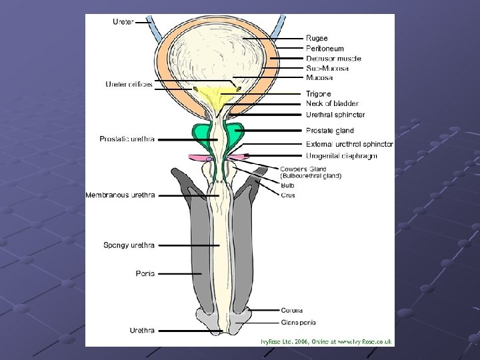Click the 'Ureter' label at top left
tap(123, 21)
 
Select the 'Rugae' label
tap(317, 39)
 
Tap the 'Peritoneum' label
tap(325, 49)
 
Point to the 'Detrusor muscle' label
tap(333, 59)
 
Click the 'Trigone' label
tap(318, 94)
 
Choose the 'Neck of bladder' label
tap(332, 103)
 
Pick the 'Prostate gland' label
tap(329, 131)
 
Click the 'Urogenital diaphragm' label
tap(341, 155)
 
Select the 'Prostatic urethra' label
tap(127, 139)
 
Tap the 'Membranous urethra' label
tap(120, 195)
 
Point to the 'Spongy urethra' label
tap(129, 245)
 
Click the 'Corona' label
tap(291, 310)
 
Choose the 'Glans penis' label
tap(297, 323)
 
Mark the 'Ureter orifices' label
tap(129, 84)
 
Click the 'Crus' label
tap(288, 195)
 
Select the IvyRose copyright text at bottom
tap(326, 341)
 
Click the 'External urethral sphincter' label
tap(349, 144)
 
